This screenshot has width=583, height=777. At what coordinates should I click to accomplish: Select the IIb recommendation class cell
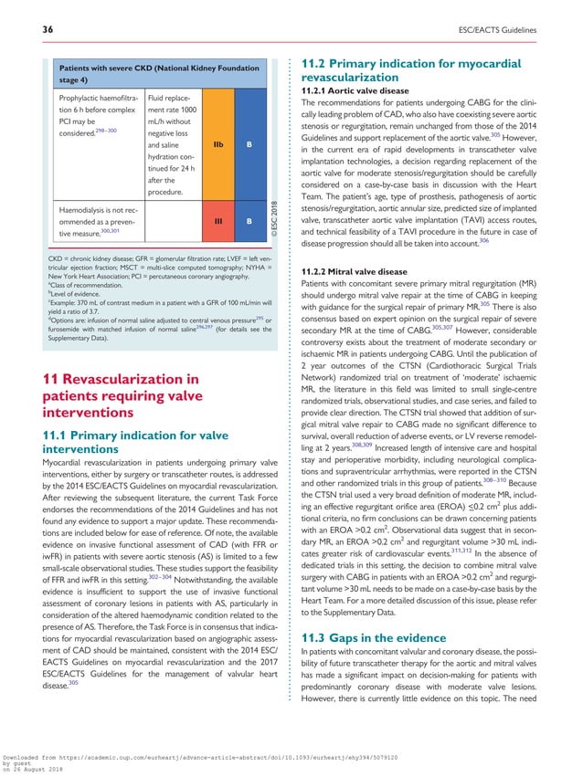click(218, 144)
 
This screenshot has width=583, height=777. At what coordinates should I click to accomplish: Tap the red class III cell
click(218, 221)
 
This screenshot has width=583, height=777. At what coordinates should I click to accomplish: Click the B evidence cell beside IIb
click(249, 144)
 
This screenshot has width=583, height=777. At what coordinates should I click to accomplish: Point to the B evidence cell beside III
click(249, 221)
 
